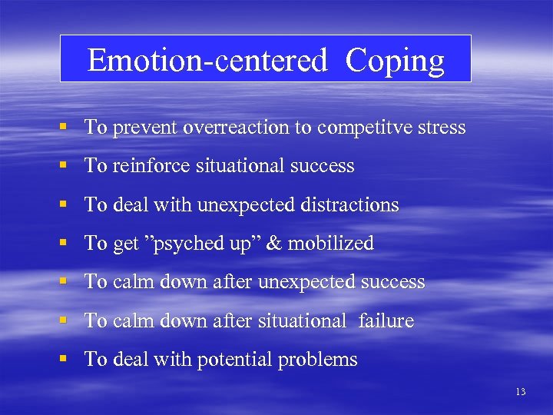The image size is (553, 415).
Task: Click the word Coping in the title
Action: tap(395, 61)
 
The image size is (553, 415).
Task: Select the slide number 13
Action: tap(521, 392)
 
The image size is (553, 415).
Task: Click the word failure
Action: tap(386, 321)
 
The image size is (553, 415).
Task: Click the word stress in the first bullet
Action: tap(441, 128)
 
